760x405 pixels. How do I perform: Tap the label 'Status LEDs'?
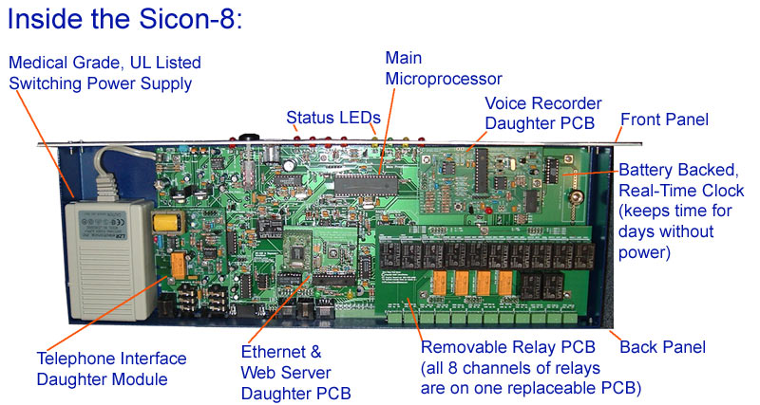333,118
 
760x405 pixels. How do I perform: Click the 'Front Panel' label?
665,120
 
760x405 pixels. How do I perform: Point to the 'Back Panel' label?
662,347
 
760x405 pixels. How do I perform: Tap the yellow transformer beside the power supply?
167,223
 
